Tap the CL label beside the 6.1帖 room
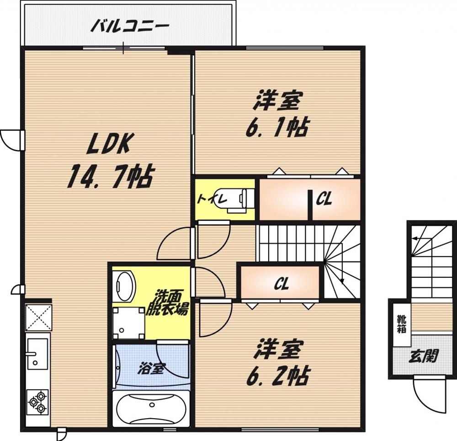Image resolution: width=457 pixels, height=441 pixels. click(324, 199)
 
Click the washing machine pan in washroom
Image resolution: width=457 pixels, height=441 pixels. click(128, 323)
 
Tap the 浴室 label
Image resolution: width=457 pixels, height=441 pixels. click(151, 368)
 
